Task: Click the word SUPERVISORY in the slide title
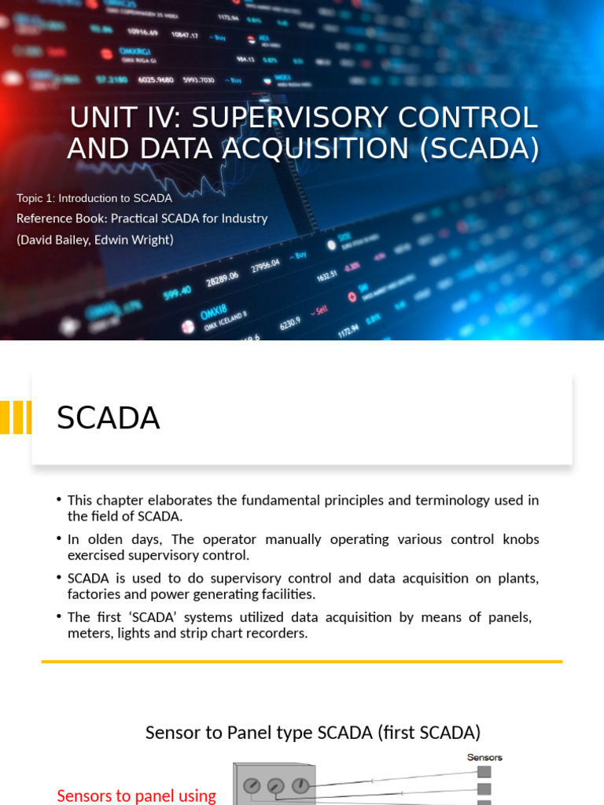[287, 117]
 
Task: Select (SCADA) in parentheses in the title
[481, 148]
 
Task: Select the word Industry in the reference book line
[243, 219]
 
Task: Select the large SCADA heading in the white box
[109, 418]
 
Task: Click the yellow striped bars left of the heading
[16, 417]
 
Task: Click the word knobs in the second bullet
[520, 539]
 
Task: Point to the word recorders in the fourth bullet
[275, 632]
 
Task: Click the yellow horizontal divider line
[302, 662]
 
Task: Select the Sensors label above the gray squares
[484, 757]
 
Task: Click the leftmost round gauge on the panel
[252, 786]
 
